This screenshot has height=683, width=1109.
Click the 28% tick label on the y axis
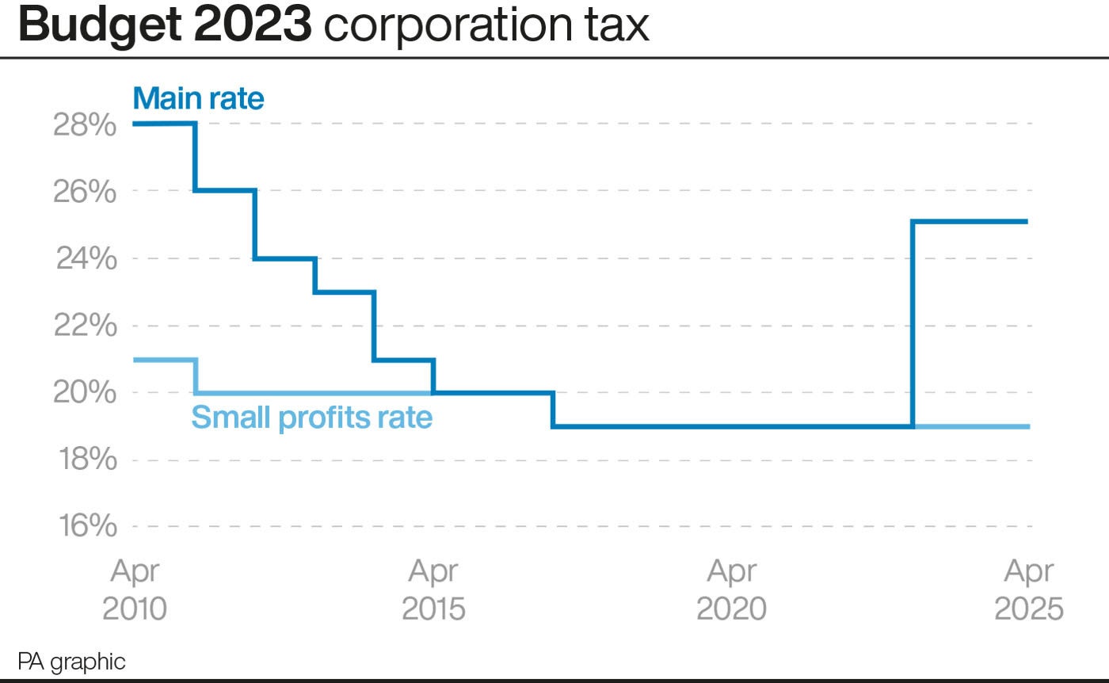(85, 125)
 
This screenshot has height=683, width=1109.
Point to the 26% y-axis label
(85, 193)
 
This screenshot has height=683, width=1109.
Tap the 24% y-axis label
(85, 259)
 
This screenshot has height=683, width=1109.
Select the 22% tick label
(85, 326)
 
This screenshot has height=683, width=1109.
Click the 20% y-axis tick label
(85, 393)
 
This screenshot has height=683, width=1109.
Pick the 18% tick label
(85, 460)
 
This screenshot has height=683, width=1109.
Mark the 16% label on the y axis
(85, 527)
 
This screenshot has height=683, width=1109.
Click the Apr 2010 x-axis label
(135, 590)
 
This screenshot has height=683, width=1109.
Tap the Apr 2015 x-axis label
(433, 590)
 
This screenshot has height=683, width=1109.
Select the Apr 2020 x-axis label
(731, 590)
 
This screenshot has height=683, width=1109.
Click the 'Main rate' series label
(199, 99)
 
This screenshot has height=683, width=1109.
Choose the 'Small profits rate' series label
(312, 417)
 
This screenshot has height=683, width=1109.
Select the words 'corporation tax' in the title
(486, 27)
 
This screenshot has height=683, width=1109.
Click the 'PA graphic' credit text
(71, 662)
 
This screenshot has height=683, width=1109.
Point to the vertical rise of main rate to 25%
(913, 325)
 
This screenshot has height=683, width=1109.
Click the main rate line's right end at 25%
(1027, 222)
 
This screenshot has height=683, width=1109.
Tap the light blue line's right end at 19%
(1028, 426)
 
